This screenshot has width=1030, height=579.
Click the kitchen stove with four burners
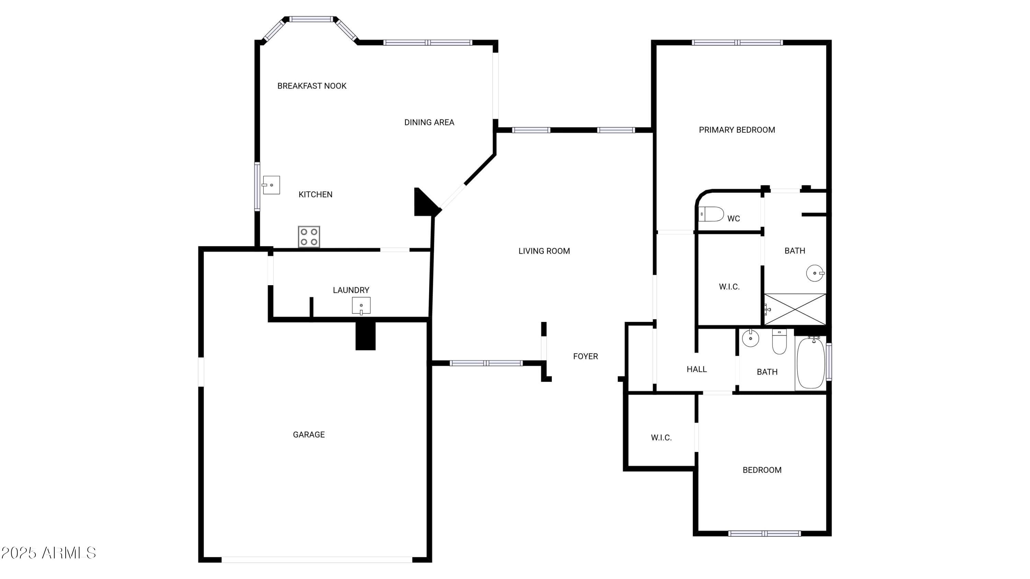click(x=309, y=236)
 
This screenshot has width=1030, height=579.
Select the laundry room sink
click(x=361, y=306)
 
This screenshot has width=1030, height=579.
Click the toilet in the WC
click(x=711, y=214)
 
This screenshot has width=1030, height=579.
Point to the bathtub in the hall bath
click(x=811, y=362)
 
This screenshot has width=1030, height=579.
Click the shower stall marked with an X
click(x=795, y=309)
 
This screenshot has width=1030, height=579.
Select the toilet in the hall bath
click(x=779, y=341)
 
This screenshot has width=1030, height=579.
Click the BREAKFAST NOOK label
click(x=312, y=86)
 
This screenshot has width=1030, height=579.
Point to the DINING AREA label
click(x=429, y=122)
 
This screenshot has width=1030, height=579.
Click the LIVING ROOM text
click(x=544, y=251)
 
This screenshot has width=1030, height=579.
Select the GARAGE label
click(x=309, y=435)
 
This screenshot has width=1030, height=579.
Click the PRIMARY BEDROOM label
click(x=737, y=130)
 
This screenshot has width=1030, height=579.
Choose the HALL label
click(x=697, y=369)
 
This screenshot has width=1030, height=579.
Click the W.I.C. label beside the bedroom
click(x=661, y=438)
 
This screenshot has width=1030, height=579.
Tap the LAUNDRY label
click(x=351, y=290)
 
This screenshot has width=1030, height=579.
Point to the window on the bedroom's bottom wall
click(x=765, y=533)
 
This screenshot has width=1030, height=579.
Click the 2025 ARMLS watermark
click(x=48, y=553)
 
